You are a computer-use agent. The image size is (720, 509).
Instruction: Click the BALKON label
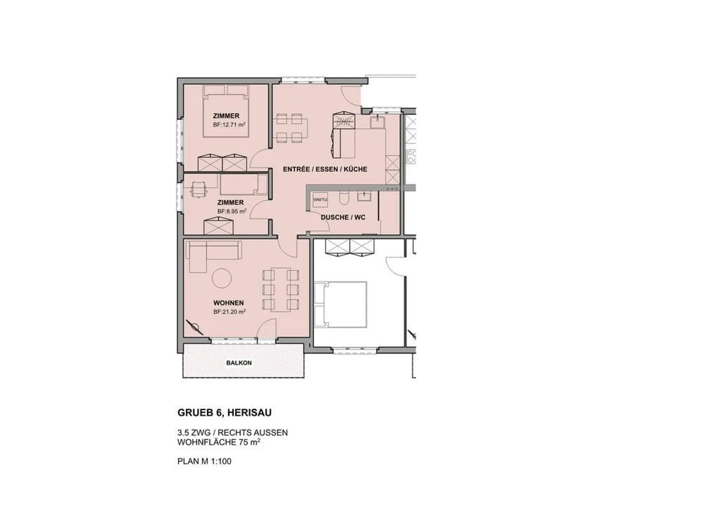tap(238, 363)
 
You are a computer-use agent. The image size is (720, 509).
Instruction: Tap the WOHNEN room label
tap(228, 303)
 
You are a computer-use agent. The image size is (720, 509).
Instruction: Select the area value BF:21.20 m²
tap(229, 311)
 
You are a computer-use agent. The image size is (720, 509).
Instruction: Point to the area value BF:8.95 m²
tap(231, 211)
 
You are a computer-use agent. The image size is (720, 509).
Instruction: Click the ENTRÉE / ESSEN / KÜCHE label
tap(325, 169)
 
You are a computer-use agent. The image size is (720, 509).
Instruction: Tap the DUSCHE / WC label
tap(343, 217)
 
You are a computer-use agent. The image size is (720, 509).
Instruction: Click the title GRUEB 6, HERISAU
tap(224, 413)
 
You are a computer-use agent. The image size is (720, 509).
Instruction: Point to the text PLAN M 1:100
tap(204, 461)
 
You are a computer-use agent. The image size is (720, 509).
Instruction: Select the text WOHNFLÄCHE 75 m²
tap(218, 442)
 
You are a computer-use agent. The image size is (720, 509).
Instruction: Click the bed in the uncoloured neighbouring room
tap(341, 304)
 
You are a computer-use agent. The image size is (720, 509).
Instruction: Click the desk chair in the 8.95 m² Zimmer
tap(199, 189)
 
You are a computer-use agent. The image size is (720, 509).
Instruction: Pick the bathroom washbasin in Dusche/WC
tap(364, 195)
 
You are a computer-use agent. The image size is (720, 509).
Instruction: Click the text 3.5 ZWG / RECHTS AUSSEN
tap(232, 432)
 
